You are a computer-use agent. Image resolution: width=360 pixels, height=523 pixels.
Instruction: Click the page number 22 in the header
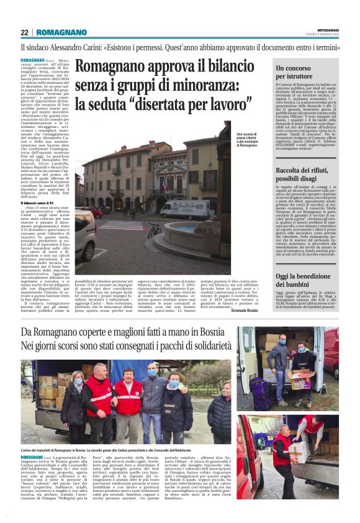click(x=24, y=32)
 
